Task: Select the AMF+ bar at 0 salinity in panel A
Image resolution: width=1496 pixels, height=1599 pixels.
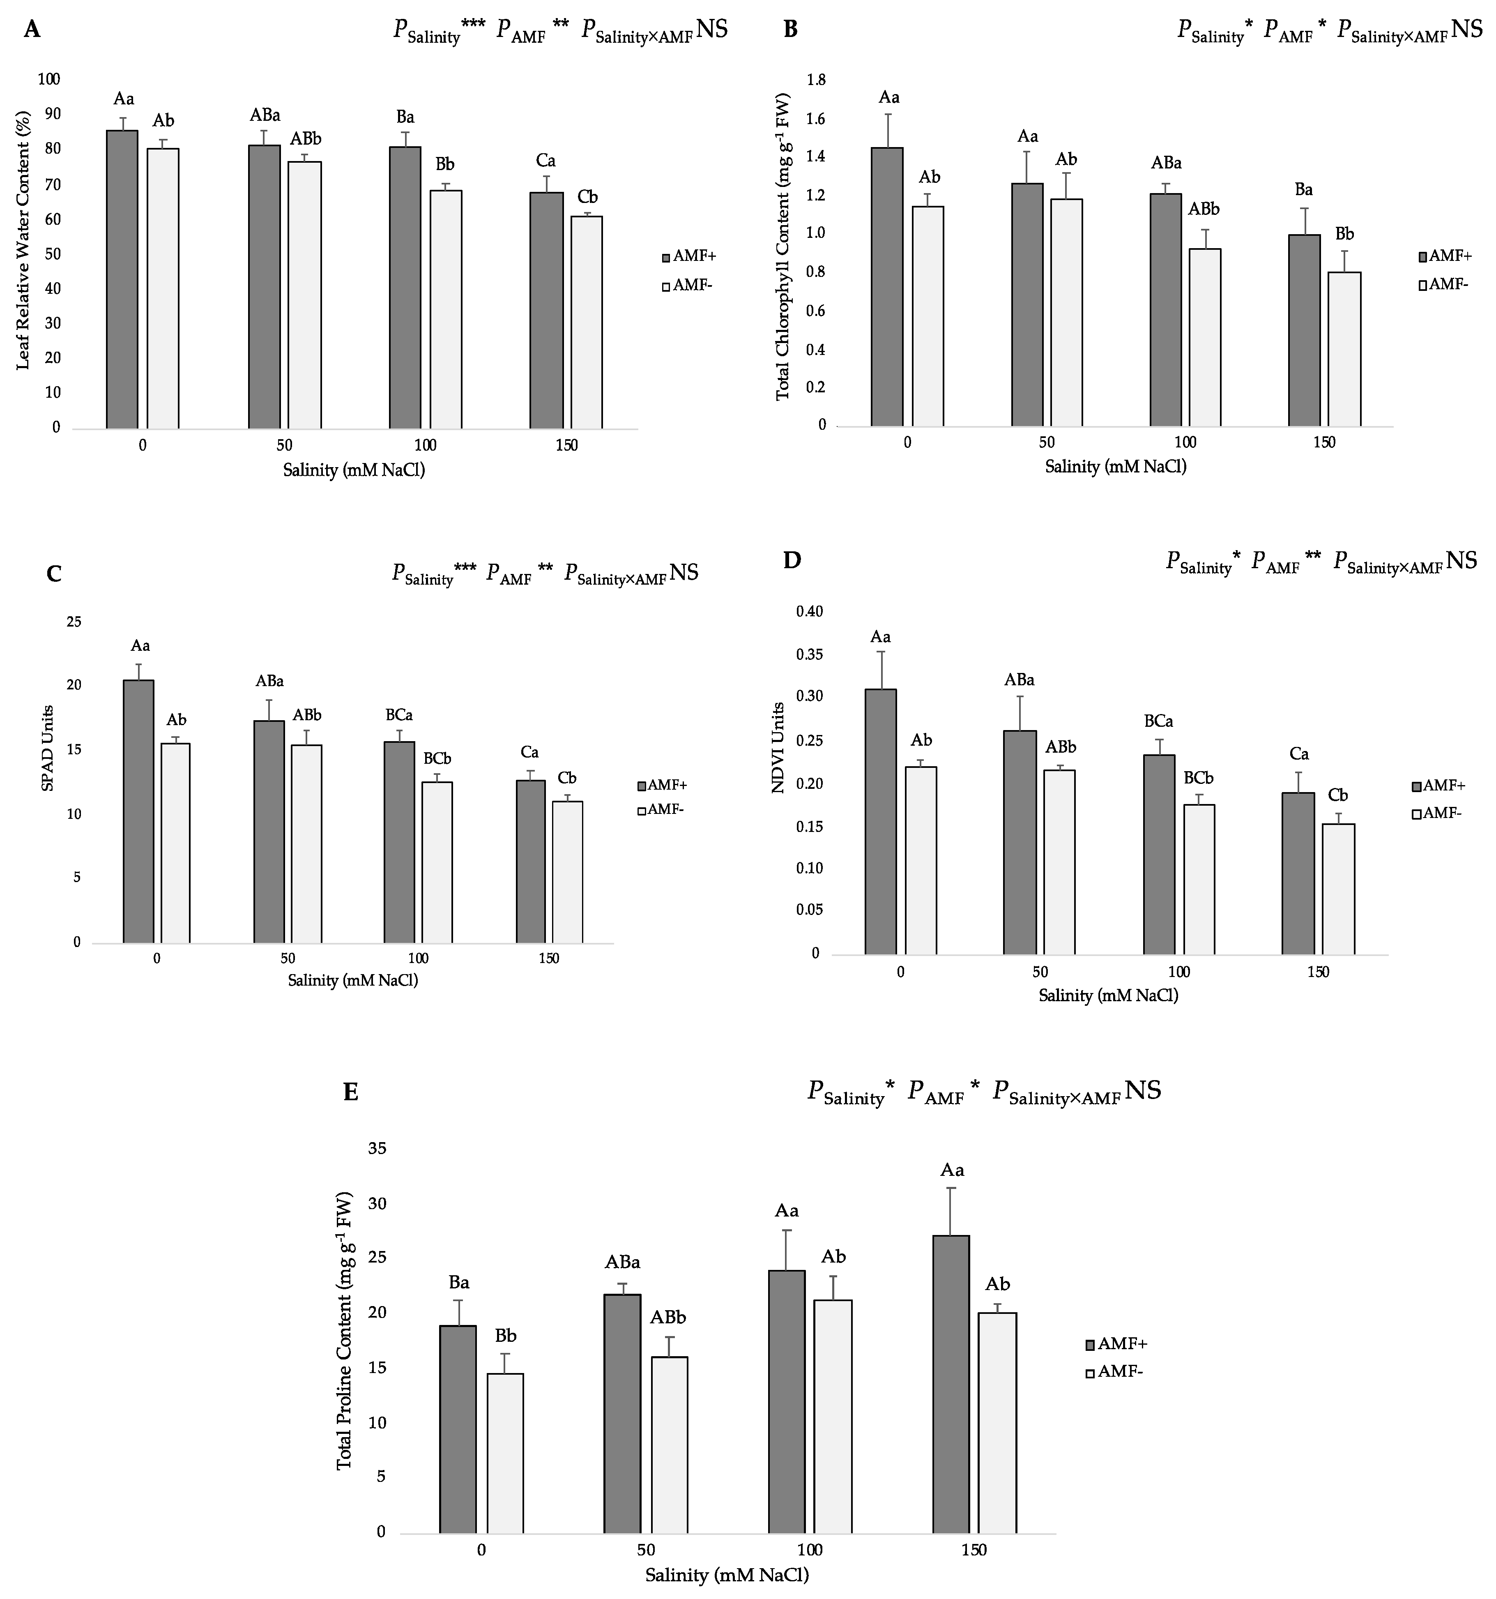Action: (x=122, y=279)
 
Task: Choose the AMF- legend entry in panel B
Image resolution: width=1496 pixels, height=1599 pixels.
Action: (x=1445, y=284)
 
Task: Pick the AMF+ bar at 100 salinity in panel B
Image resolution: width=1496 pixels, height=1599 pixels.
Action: (x=1165, y=310)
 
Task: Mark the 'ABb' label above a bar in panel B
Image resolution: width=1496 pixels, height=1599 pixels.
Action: (x=1204, y=209)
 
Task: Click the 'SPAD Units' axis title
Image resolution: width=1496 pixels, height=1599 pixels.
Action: (x=48, y=748)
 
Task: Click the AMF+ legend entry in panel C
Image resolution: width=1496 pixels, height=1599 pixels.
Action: (x=662, y=785)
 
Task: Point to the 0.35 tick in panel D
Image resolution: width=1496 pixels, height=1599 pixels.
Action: (x=809, y=654)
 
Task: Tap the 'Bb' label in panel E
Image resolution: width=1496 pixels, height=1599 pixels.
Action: (x=505, y=1335)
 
